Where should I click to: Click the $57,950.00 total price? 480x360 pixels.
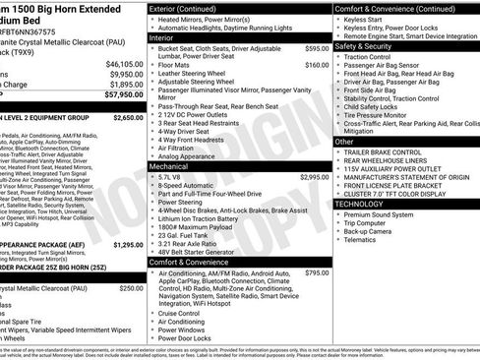115,95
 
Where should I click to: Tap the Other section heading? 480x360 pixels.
344,142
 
